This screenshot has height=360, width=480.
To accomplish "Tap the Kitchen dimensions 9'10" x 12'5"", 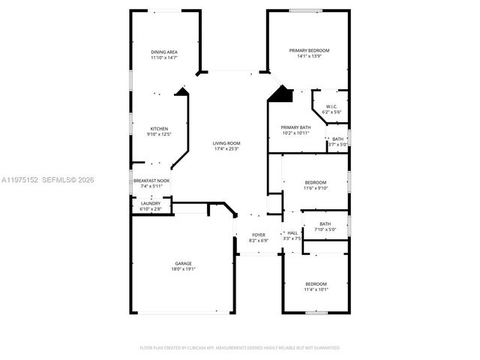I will (159, 134).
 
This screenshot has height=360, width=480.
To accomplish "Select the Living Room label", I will (226, 143).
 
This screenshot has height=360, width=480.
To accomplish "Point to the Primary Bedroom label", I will (309, 50).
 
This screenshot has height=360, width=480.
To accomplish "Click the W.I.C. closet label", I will (331, 106).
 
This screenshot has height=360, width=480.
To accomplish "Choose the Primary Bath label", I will (295, 127).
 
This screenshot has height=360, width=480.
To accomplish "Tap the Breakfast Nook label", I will (151, 181).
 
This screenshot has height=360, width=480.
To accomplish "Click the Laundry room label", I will (150, 203).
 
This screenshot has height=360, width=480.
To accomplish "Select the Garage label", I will (183, 263).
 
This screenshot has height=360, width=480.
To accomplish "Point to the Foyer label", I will (258, 235).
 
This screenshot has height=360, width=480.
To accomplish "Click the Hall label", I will (292, 233).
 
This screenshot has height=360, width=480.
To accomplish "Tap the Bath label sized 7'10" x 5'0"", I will (325, 223).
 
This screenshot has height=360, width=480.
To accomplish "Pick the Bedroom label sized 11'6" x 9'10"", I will (315, 183).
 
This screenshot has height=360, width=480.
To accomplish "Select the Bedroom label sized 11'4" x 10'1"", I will (315, 283).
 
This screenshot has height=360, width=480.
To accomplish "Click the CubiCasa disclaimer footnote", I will (240, 348).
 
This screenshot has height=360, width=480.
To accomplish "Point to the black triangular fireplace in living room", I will (280, 94).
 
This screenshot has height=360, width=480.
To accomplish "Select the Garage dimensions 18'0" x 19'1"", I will (183, 268).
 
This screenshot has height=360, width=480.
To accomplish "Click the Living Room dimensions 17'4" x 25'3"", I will (226, 148).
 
